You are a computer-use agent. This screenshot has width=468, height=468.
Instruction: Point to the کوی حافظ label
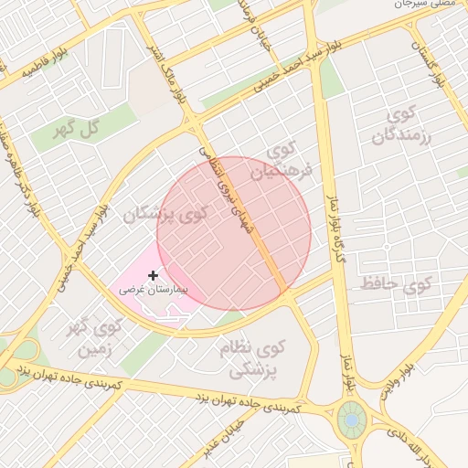pos(395,283)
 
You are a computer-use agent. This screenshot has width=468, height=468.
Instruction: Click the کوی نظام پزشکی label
pos(252,359)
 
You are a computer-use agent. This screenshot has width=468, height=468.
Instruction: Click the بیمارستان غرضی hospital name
pos(153,289)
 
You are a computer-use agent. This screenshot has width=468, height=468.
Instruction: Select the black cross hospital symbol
pos(153,274)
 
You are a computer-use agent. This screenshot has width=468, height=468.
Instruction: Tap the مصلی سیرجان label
pos(424,5)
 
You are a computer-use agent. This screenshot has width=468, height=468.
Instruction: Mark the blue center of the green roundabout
pos(349,420)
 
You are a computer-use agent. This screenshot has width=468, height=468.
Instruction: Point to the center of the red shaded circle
pos(234,234)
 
